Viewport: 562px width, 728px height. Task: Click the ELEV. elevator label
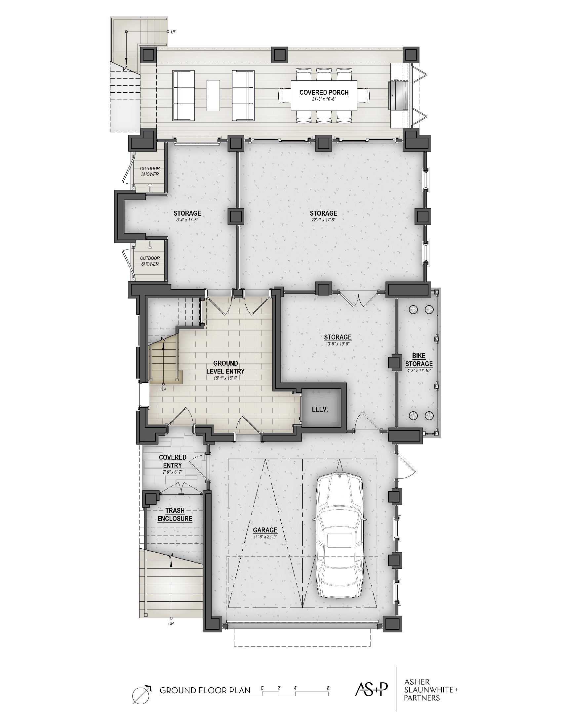[320, 409]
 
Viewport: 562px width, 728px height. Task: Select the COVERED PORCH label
[324, 93]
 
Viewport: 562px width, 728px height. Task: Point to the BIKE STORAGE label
[419, 360]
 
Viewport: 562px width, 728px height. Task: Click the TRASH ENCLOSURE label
[175, 515]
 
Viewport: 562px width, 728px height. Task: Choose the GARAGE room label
[265, 530]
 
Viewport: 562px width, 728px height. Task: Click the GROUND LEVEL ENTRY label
[225, 367]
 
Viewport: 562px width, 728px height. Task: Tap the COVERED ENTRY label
[173, 461]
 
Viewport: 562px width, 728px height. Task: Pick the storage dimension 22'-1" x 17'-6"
[323, 220]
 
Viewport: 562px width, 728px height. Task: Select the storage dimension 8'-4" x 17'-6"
[187, 220]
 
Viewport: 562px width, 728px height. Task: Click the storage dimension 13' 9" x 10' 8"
[338, 344]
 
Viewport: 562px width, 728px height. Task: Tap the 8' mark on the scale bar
[329, 688]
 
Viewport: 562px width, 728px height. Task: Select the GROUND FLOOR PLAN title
[205, 690]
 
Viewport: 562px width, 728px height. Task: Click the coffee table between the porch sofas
[214, 95]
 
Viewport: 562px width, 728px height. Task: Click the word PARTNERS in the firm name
[422, 698]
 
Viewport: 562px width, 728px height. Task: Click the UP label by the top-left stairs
[174, 32]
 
